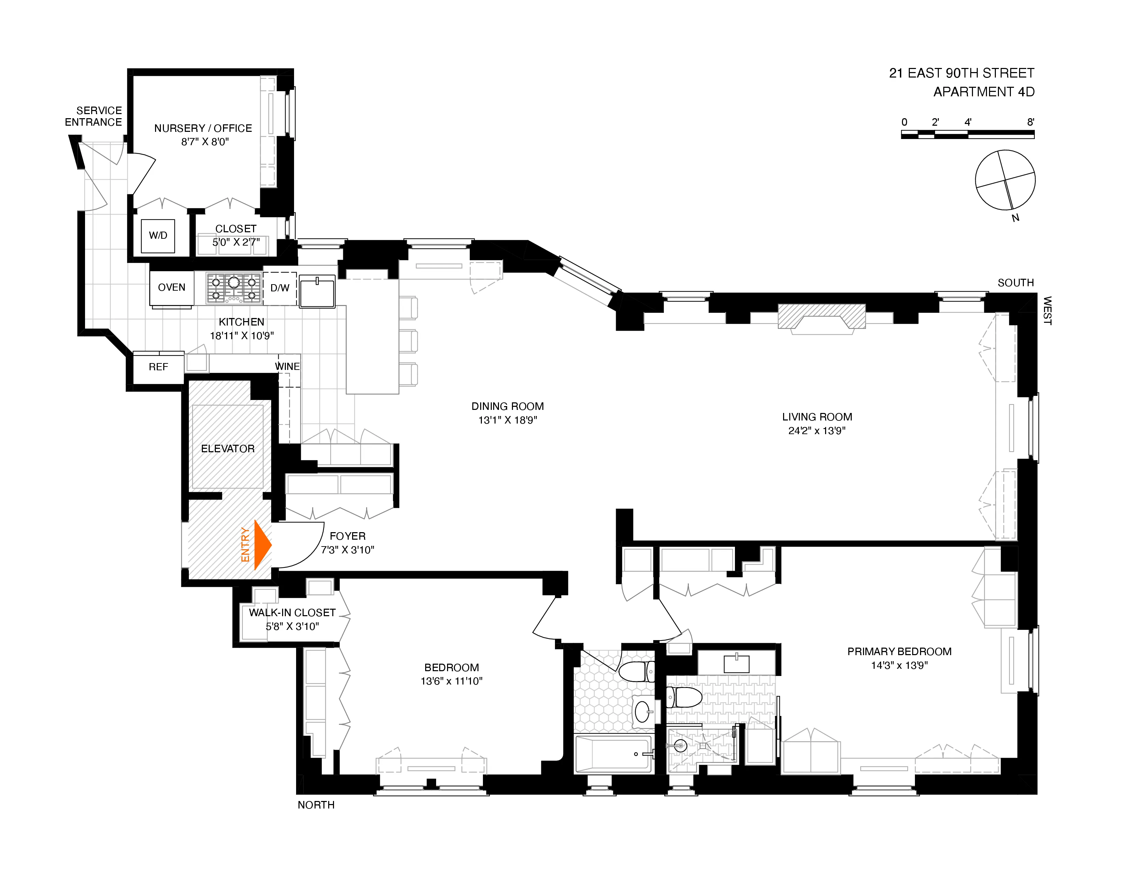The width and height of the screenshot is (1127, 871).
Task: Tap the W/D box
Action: click(158, 236)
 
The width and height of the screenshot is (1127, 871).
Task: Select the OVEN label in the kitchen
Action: click(171, 287)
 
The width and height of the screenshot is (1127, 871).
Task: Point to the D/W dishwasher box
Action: click(280, 288)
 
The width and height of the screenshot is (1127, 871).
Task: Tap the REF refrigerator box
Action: click(158, 367)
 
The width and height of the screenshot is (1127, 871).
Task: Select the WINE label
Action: click(288, 367)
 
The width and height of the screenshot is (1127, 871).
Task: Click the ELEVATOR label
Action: click(227, 448)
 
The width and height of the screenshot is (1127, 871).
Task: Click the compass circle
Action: click(1005, 180)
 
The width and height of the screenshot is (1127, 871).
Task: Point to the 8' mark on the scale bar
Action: click(1030, 122)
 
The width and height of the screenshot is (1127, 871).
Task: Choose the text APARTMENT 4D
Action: click(984, 92)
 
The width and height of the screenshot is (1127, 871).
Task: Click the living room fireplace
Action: click(821, 317)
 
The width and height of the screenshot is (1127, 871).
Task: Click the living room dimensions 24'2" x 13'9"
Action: click(817, 431)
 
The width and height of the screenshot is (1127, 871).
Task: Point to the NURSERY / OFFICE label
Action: click(203, 128)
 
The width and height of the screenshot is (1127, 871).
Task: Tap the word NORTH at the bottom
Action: click(316, 805)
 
